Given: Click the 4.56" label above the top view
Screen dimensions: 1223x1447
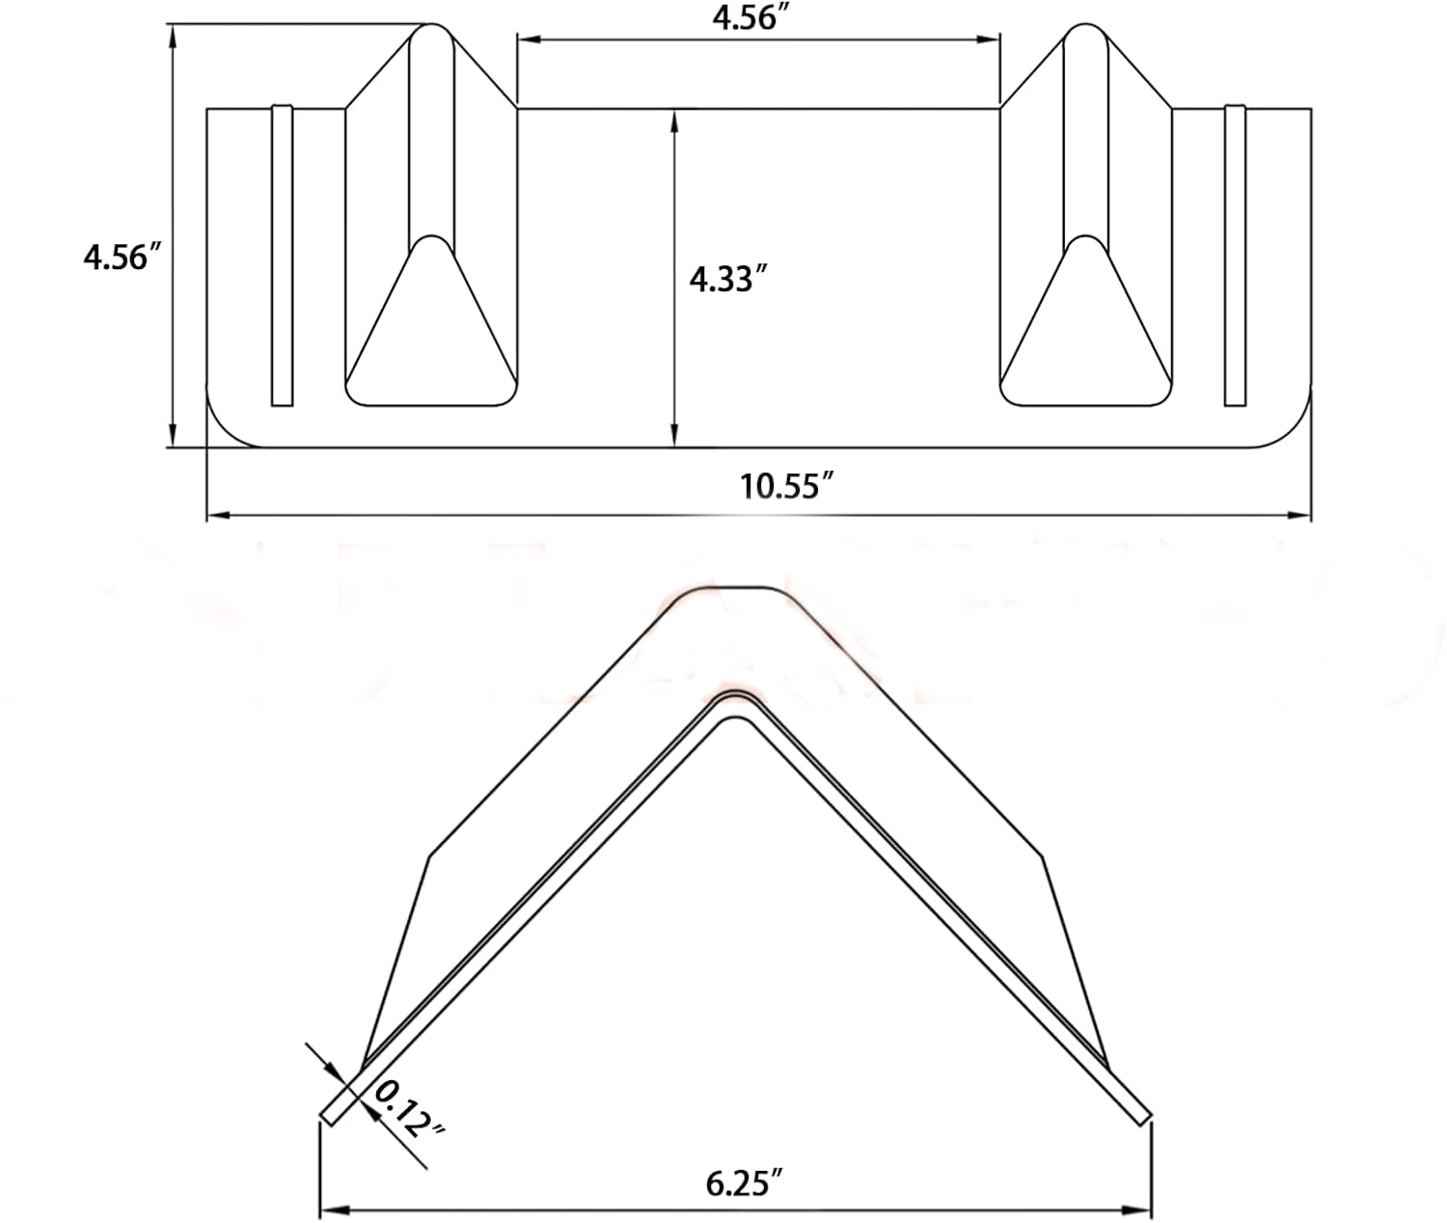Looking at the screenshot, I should [x=745, y=17].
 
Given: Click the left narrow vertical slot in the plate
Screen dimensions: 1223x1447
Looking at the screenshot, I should [x=282, y=256].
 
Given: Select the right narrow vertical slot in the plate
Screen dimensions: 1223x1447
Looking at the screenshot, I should [x=1235, y=256].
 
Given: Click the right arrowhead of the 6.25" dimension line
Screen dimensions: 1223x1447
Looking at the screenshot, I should [x=1144, y=1209].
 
